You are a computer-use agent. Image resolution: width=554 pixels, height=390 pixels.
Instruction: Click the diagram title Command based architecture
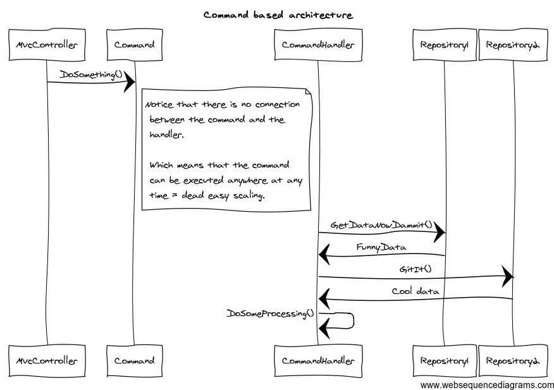(x=278, y=15)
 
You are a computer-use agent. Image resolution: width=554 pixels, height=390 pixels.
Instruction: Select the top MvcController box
(x=47, y=45)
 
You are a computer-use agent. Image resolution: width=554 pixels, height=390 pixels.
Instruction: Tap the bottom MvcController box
(x=47, y=361)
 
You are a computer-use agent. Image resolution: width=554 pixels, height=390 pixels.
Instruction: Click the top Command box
(x=134, y=45)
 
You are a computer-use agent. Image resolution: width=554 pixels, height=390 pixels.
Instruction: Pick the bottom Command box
(x=134, y=361)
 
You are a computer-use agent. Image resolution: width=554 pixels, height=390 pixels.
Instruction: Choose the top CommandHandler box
(x=318, y=45)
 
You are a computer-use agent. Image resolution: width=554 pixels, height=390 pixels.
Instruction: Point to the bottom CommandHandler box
(x=318, y=361)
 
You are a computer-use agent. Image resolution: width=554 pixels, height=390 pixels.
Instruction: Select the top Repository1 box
(x=444, y=45)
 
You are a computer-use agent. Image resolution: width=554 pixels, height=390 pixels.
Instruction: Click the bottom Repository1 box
(x=444, y=361)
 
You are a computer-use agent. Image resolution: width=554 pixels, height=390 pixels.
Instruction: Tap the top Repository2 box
(x=513, y=45)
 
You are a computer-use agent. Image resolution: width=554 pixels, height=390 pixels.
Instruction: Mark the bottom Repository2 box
(x=513, y=361)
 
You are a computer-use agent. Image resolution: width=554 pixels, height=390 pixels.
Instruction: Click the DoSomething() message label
(x=90, y=75)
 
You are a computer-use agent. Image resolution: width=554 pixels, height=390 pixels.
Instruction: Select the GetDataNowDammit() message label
(x=381, y=225)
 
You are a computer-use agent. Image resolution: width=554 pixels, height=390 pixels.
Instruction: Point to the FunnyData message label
(x=381, y=247)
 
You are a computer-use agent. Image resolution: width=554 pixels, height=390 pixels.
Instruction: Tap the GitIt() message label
(x=415, y=269)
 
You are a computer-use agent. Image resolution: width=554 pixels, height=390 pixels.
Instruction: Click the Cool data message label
(x=415, y=291)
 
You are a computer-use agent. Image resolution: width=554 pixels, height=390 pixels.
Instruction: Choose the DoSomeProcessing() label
(x=270, y=314)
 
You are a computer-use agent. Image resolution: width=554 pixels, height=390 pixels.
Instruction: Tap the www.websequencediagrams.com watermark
(x=486, y=384)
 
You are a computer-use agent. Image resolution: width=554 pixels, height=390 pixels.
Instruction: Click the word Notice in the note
(x=158, y=104)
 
